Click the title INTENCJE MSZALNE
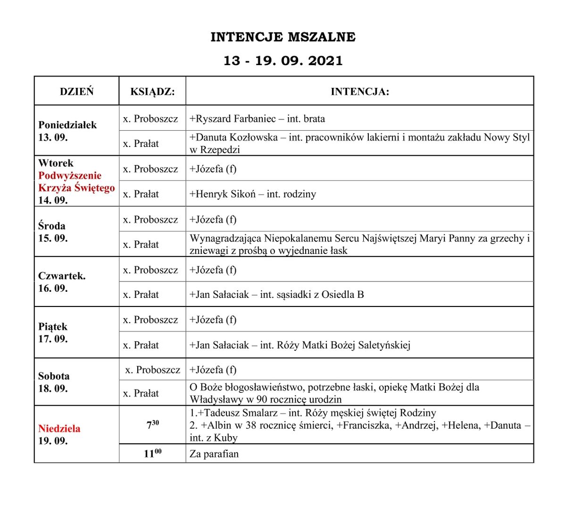tap(283, 37)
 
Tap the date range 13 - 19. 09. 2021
tap(283, 61)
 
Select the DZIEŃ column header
tap(76, 92)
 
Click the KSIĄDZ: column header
tap(152, 92)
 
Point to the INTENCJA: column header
tap(359, 92)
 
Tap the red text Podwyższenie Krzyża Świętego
tap(76, 182)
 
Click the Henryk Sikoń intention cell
tap(253, 194)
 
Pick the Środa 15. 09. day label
tap(52, 232)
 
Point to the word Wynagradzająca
tap(225, 238)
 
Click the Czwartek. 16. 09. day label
tap(62, 282)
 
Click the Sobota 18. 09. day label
tap(54, 382)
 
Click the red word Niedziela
tap(59, 429)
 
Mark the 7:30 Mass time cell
tap(152, 425)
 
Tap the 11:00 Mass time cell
tap(152, 454)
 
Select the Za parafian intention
tap(214, 454)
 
